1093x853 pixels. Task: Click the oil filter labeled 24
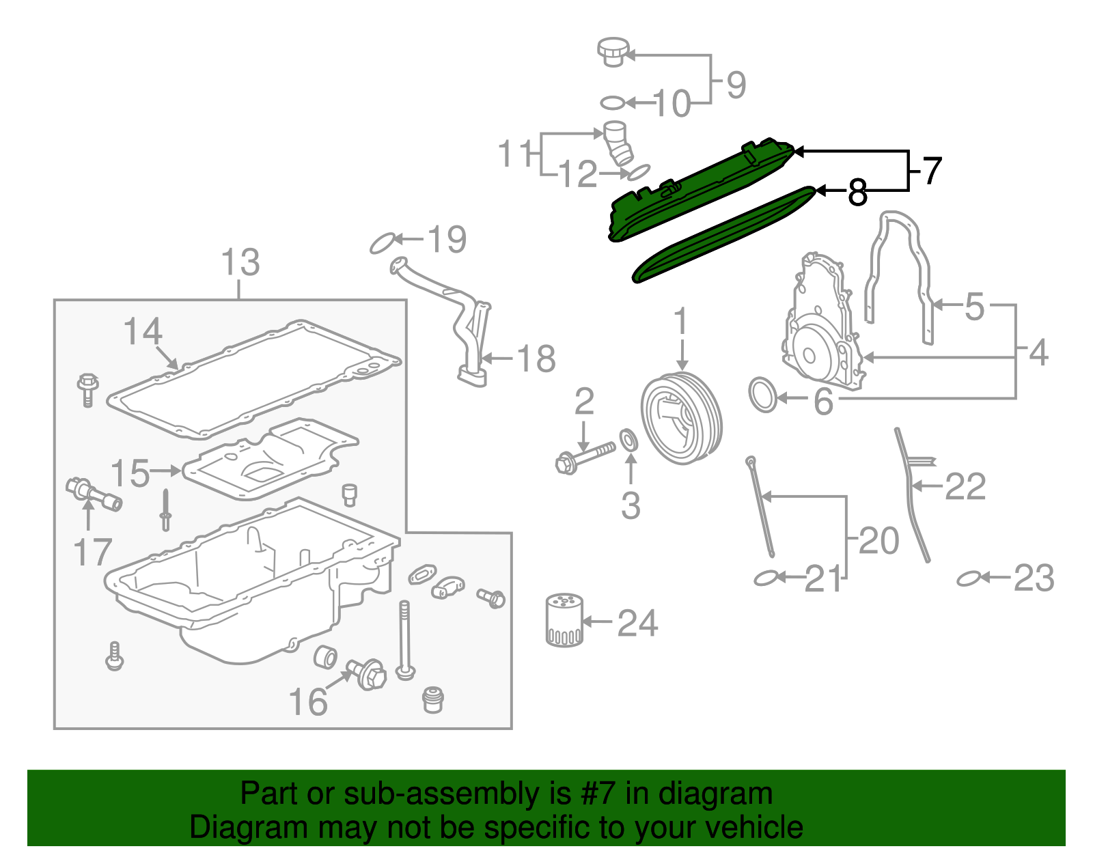pos(564,621)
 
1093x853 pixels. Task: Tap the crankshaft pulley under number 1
pos(681,417)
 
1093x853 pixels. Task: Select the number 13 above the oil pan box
pos(240,263)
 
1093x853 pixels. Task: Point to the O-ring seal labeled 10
pos(613,103)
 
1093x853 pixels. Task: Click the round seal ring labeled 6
pos(763,395)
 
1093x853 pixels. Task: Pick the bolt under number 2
pos(585,457)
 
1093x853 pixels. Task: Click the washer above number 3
pos(628,440)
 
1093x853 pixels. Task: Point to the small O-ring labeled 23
pos(968,578)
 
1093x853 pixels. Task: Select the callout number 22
pos(965,487)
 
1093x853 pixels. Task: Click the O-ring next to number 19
pos(383,242)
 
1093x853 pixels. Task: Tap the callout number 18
pos(536,359)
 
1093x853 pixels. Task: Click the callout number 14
pos(143,333)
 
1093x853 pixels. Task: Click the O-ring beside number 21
pos(766,578)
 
